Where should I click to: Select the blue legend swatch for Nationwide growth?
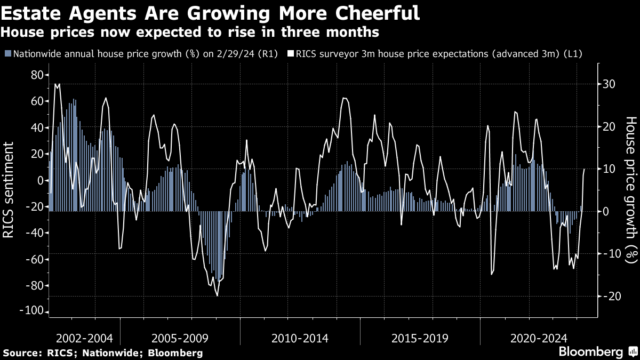pos(8,54)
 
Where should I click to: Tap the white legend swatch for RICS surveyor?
pos(291,54)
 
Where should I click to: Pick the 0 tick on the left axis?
pos(39,180)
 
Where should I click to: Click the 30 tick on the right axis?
pos(609,84)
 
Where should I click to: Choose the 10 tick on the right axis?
pos(609,169)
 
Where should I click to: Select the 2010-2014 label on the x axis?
pos(300,338)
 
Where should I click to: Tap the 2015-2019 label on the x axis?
pos(420,338)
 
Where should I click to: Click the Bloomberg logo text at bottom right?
pos(590,352)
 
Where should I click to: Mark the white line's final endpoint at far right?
pos(585,169)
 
